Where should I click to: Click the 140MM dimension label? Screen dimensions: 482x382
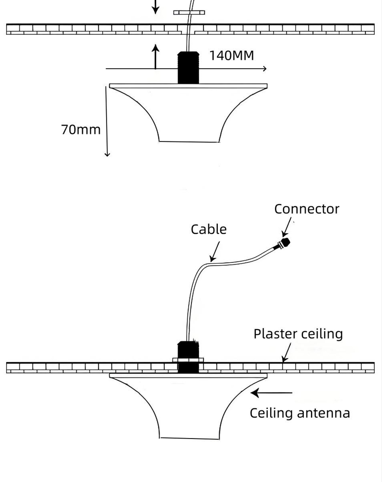click(232, 55)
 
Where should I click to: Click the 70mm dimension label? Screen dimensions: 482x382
click(81, 129)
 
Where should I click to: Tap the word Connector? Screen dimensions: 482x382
click(307, 209)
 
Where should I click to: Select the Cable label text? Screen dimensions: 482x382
click(209, 229)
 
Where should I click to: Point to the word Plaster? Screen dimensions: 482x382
click(274, 333)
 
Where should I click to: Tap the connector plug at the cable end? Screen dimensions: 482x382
click(285, 243)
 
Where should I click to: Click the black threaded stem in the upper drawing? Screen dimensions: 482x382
click(188, 68)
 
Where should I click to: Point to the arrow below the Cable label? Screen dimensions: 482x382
click(215, 251)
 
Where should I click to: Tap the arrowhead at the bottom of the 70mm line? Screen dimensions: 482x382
click(107, 153)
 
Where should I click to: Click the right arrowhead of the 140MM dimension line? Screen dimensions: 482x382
click(264, 69)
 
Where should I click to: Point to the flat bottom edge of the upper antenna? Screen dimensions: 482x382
click(189, 141)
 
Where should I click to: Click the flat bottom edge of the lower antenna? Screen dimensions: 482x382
click(189, 438)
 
